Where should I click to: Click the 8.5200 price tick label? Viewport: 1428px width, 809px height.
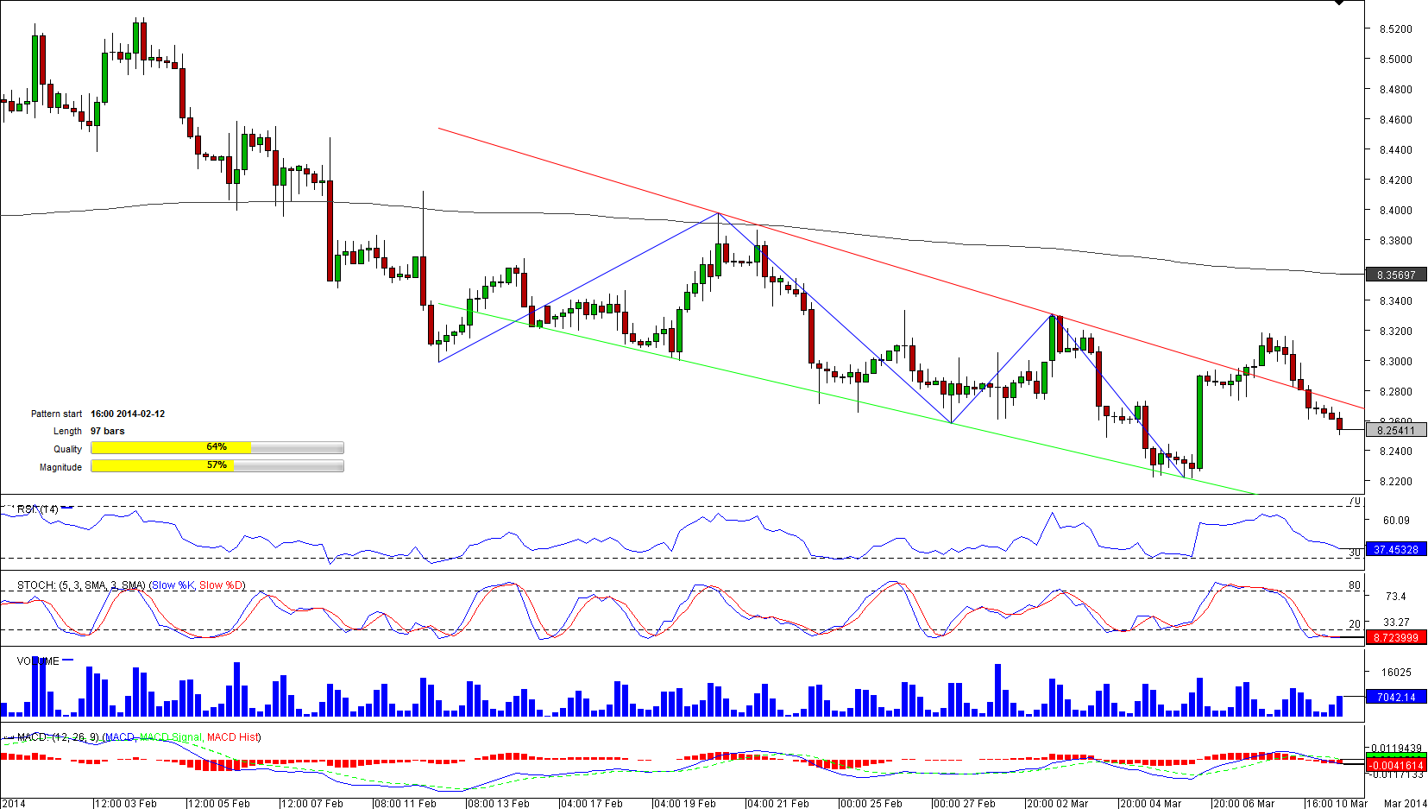[x=1395, y=28]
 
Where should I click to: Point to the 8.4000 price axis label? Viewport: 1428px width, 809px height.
[x=1395, y=210]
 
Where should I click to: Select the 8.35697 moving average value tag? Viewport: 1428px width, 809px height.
[x=1395, y=275]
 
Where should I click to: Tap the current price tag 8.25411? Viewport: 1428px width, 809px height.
[x=1395, y=430]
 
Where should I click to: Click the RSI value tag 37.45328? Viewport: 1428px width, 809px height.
[x=1395, y=549]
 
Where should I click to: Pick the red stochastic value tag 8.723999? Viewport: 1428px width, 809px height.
[x=1395, y=638]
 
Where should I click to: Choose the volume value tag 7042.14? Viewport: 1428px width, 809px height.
[x=1395, y=697]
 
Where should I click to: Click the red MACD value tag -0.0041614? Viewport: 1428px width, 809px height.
[x=1395, y=765]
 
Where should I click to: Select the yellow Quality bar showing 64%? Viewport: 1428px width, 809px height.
[x=171, y=447]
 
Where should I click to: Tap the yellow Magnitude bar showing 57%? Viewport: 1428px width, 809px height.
[x=162, y=465]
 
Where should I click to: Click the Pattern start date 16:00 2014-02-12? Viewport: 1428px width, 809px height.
[x=128, y=414]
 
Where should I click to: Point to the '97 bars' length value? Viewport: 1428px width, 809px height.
[x=107, y=431]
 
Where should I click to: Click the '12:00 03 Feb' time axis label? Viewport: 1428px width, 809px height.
[x=126, y=803]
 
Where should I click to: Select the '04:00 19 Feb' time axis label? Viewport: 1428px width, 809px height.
[x=685, y=803]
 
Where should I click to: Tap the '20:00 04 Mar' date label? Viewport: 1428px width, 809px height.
[x=1151, y=803]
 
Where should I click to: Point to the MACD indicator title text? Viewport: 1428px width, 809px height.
[x=139, y=737]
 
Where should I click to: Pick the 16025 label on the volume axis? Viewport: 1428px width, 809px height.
[x=1396, y=672]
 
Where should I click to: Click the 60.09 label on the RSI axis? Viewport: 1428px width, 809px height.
[x=1396, y=520]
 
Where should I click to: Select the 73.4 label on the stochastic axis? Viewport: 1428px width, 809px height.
[x=1396, y=596]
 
